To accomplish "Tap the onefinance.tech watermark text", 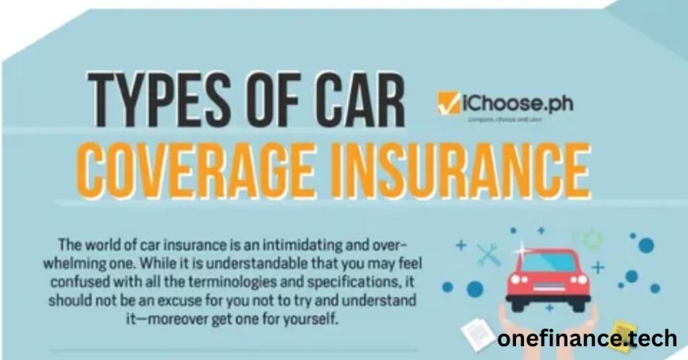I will coord(587,339).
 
